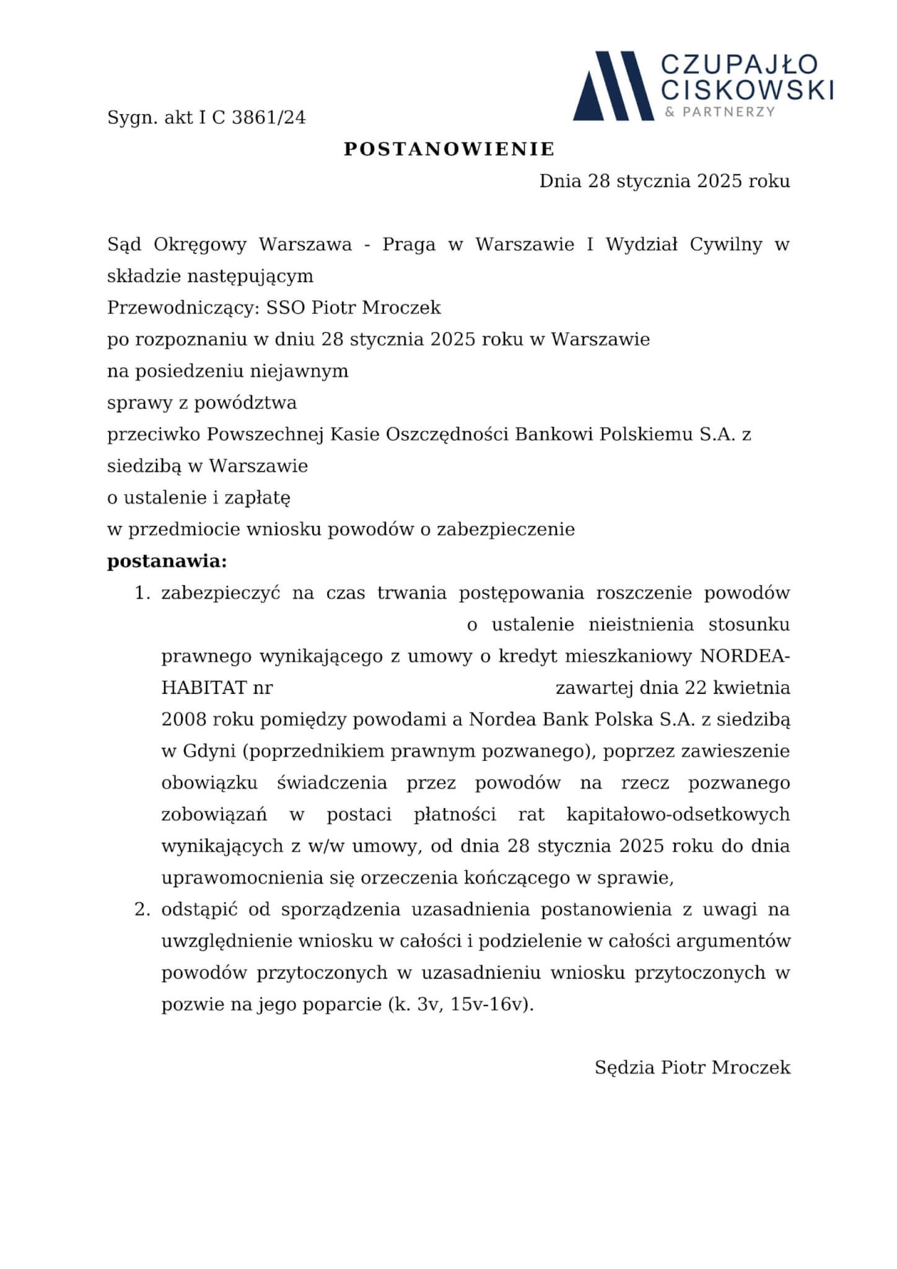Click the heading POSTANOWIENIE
pos(449,149)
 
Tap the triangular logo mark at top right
pos(613,86)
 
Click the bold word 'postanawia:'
pos(167,561)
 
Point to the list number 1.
pos(142,593)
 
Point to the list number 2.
pos(142,910)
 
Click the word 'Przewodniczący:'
pos(182,308)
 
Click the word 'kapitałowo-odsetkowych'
pos(678,814)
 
